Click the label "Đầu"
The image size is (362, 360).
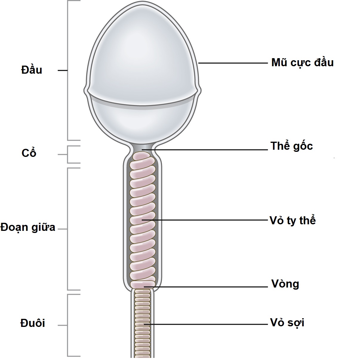coord(32,70)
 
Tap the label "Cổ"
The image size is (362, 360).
coord(29,153)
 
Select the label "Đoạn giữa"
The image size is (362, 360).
coord(28,228)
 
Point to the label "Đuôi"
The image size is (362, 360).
coord(33,323)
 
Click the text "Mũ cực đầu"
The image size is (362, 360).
coord(302,63)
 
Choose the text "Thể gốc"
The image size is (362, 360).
coord(291,146)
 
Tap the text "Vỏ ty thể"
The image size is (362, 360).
coord(292,220)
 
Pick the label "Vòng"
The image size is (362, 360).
coord(285,284)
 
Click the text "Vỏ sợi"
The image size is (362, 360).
coord(287,323)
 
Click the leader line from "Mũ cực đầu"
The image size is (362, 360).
coord(233,63)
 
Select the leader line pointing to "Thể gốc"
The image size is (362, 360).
coord(209,149)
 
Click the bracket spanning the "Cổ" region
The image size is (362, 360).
coord(68,154)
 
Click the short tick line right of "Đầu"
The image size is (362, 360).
coord(62,70)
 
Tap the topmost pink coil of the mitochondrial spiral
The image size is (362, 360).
coord(142,155)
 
